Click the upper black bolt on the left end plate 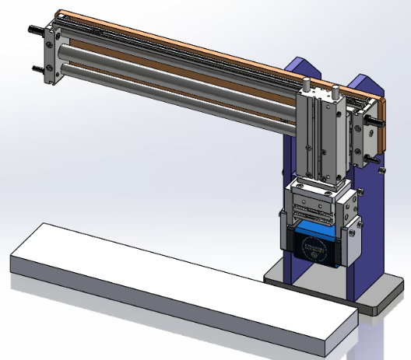point(36,31)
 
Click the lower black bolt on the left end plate point(37,68)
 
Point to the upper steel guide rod point(171,66)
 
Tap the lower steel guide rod point(171,84)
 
